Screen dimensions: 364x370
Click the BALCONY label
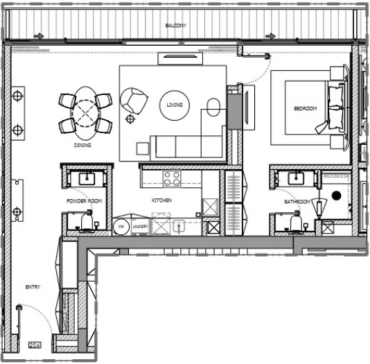coord(175,26)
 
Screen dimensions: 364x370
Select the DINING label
coord(83,146)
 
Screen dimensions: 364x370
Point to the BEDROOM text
coord(305,109)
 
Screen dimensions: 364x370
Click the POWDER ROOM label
coord(84,200)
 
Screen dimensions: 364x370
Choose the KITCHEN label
coord(161,200)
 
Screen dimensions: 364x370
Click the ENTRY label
coord(33,286)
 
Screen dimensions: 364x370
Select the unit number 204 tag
coord(35,344)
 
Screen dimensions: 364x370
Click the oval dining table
coord(87,110)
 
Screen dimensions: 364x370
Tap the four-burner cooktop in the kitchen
coord(172,179)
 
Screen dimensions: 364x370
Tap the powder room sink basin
coord(87,178)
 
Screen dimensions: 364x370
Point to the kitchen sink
coord(179,225)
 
